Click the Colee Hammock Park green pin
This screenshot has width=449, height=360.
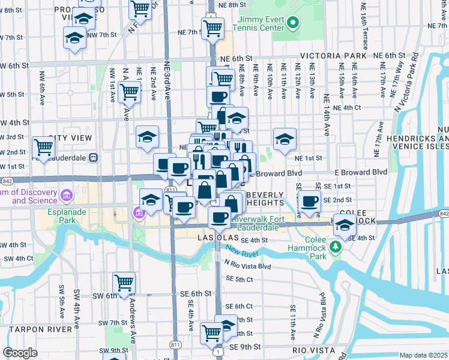(337, 246)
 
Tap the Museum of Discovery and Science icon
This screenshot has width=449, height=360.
(66, 195)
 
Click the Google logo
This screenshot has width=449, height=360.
(20, 353)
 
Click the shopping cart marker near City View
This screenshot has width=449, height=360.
(43, 146)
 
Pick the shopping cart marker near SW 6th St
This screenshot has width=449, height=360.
(124, 282)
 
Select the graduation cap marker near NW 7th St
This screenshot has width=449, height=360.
(74, 38)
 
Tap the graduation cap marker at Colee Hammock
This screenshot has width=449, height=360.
(345, 226)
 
